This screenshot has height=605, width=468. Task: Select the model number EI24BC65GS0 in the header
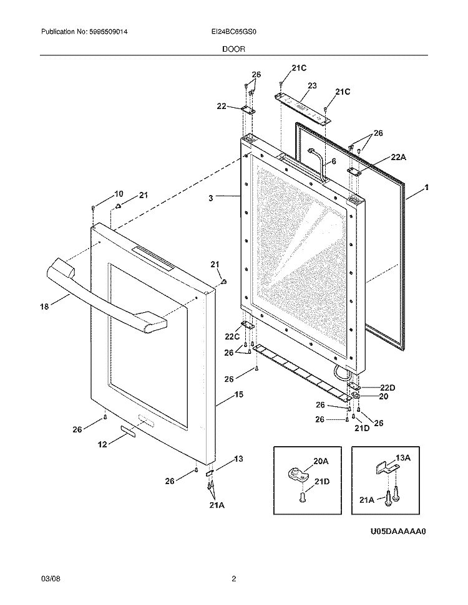(233, 32)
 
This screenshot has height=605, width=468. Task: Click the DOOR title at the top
(233, 48)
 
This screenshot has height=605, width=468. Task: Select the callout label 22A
(398, 158)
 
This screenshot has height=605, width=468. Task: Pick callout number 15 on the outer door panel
(222, 394)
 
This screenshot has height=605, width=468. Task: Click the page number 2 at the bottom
(233, 579)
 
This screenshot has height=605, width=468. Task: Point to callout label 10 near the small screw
(119, 194)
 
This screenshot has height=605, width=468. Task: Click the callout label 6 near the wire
(333, 161)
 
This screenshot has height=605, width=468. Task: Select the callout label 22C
(233, 337)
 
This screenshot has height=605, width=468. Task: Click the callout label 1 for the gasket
(426, 187)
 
